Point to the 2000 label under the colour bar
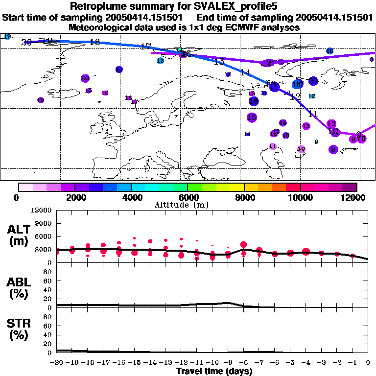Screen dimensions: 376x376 (74, 197)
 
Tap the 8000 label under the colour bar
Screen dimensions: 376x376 (244, 197)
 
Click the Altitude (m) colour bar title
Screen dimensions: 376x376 (188, 205)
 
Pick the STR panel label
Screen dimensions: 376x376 (21, 329)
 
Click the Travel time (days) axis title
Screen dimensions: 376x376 (214, 372)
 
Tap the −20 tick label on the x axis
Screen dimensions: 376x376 (57, 363)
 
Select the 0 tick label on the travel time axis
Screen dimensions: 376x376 (368, 363)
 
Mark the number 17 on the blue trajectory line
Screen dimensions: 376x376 (145, 47)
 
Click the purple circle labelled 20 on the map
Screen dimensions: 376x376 (85, 78)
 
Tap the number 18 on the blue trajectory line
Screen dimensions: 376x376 (95, 42)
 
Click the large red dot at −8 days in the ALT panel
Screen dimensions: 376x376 (244, 245)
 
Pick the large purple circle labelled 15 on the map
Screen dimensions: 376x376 (252, 117)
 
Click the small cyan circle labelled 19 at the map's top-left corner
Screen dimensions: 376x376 (7, 37)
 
